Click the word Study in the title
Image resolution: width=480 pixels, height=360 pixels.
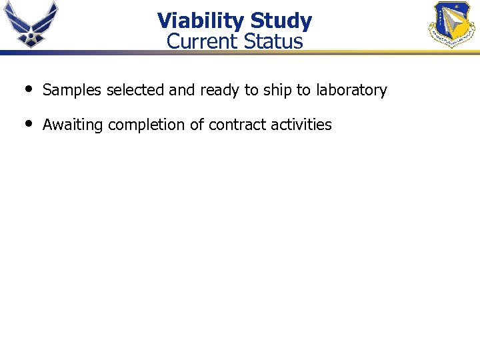pos(281,21)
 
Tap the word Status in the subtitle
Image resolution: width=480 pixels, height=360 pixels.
pos(273,41)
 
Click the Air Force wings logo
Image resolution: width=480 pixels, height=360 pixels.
pos(31,24)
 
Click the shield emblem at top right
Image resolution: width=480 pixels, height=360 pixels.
pos(451,25)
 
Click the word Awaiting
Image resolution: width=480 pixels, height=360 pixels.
pos(73,125)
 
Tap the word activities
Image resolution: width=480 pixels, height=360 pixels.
pos(301,125)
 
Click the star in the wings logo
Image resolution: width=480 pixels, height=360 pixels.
pos(31,37)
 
